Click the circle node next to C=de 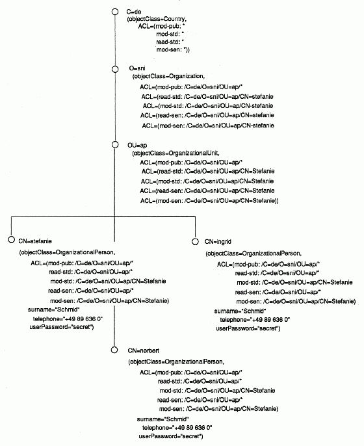click(x=115, y=12)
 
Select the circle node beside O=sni click(x=115, y=70)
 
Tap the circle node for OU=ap click(x=115, y=145)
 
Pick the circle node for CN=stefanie click(x=12, y=239)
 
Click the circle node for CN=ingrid click(x=195, y=241)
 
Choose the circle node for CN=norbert click(x=114, y=350)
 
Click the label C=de click(x=134, y=12)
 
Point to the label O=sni click(x=137, y=68)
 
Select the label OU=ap click(x=137, y=146)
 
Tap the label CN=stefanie click(x=35, y=241)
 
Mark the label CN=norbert click(x=143, y=350)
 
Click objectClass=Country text click(x=157, y=19)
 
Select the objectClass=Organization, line click(x=168, y=76)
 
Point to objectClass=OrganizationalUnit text click(x=175, y=153)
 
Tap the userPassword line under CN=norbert click(x=171, y=436)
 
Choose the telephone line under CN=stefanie click(x=68, y=319)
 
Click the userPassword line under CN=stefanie click(x=62, y=327)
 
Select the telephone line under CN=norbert click(x=177, y=428)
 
